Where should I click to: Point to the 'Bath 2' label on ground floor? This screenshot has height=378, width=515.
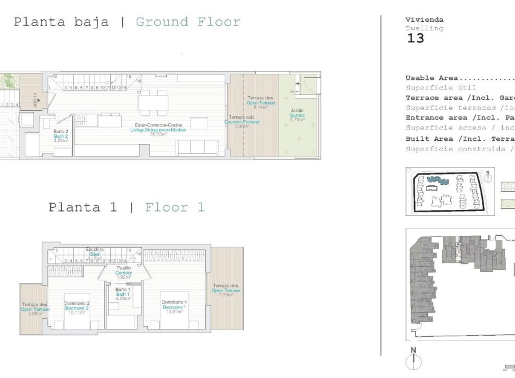(61, 137)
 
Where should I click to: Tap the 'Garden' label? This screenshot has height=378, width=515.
(297, 115)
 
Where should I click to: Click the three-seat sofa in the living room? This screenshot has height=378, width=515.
(195, 147)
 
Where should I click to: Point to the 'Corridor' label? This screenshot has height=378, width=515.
(123, 272)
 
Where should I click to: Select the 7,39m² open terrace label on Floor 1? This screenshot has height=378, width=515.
(226, 290)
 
